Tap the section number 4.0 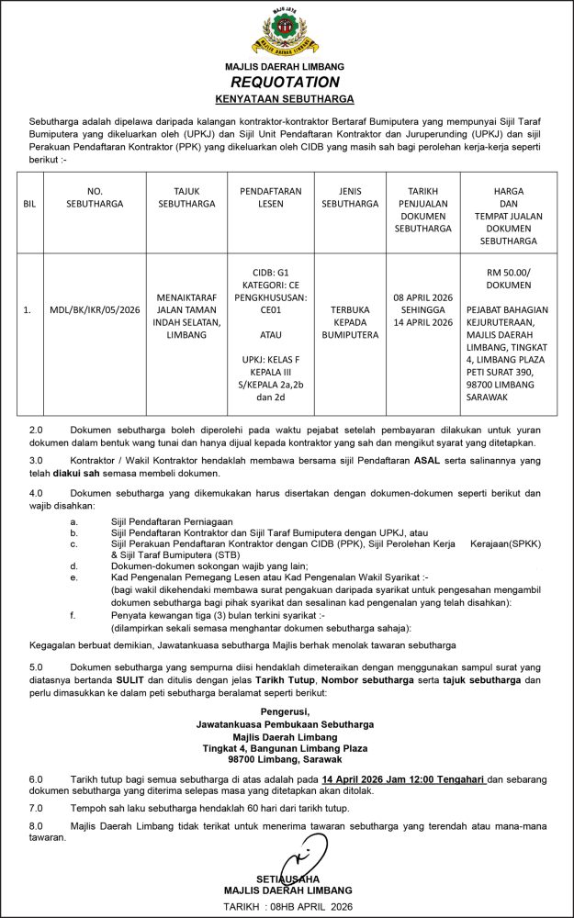(x=37, y=492)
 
